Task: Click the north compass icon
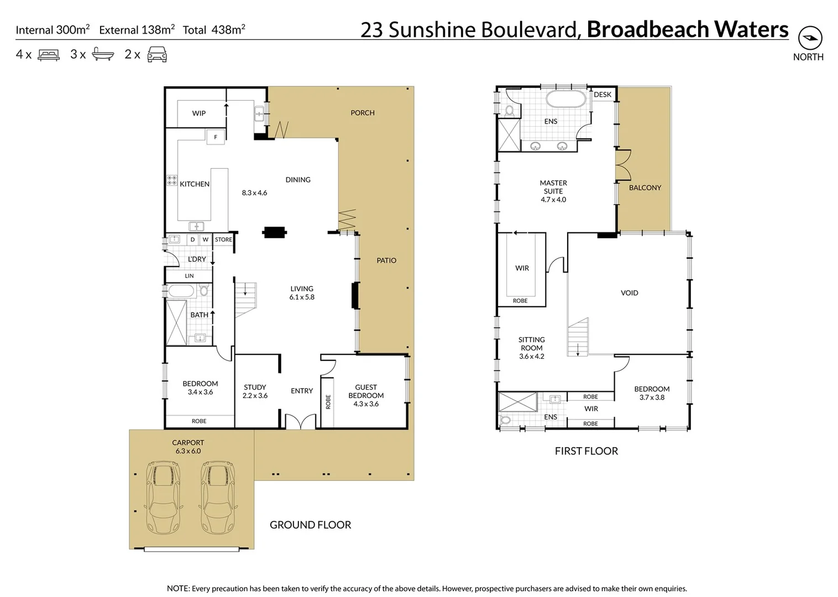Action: coord(810,38)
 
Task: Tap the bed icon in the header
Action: coord(49,55)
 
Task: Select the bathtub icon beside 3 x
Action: coord(103,54)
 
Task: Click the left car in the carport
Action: coord(163,497)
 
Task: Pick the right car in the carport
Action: coord(217,497)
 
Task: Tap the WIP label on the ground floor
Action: coord(199,113)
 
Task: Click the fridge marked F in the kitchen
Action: coord(216,137)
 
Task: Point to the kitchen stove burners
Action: coord(172,180)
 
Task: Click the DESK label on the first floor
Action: coord(603,95)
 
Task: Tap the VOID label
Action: coord(629,293)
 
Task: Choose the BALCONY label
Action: coord(645,188)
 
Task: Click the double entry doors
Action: coord(300,421)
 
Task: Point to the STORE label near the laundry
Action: coord(223,240)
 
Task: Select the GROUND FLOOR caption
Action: coord(310,525)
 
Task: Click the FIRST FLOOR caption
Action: coord(586,451)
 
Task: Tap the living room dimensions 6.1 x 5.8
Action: coord(302,297)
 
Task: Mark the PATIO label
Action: coord(386,260)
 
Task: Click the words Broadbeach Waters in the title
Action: coord(687,29)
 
